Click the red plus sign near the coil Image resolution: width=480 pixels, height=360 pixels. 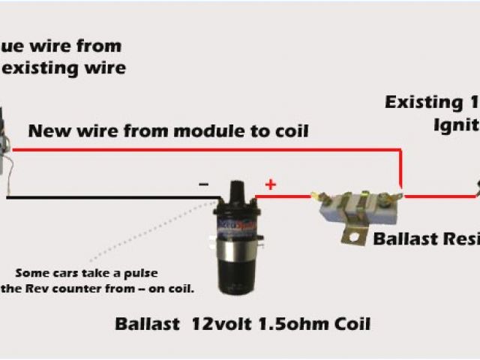coord(269,183)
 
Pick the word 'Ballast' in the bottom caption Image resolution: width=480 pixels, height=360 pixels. coord(146,325)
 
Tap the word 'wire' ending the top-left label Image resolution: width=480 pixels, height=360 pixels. coord(106,68)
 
